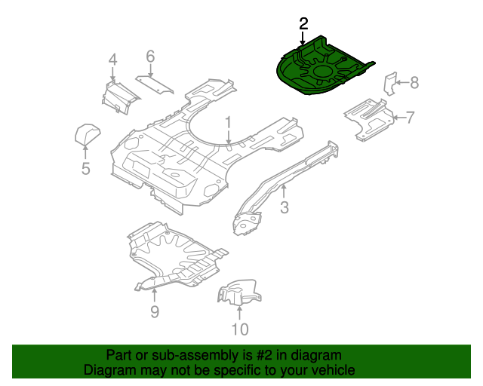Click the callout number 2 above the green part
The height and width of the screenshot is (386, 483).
pyautogui.click(x=303, y=24)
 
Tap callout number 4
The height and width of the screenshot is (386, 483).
pyautogui.click(x=112, y=60)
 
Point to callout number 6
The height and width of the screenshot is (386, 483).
pyautogui.click(x=150, y=57)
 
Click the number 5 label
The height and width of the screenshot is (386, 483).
pyautogui.click(x=85, y=169)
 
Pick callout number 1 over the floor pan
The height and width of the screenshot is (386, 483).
pyautogui.click(x=228, y=121)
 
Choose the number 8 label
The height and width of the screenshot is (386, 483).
pyautogui.click(x=414, y=83)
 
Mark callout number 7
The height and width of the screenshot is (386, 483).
pyautogui.click(x=410, y=117)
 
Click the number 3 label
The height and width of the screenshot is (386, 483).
pyautogui.click(x=285, y=207)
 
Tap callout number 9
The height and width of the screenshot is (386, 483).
pyautogui.click(x=154, y=311)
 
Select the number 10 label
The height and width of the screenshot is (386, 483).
pyautogui.click(x=239, y=329)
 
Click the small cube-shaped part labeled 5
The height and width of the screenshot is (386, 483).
pyautogui.click(x=88, y=135)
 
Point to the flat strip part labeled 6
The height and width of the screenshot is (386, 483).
pyautogui.click(x=155, y=84)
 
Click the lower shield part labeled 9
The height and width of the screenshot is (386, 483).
pyautogui.click(x=174, y=256)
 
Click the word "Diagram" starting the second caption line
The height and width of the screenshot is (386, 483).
pyautogui.click(x=109, y=370)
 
